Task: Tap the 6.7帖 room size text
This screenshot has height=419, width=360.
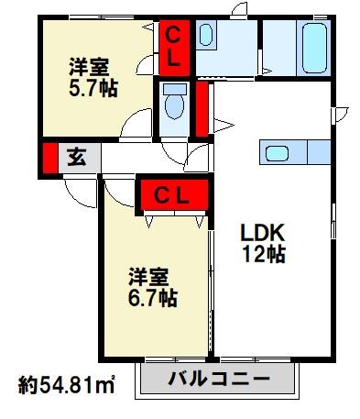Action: pyautogui.click(x=152, y=298)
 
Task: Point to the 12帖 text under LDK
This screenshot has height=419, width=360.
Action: pyautogui.click(x=264, y=256)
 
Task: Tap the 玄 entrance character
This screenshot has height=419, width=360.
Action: pyautogui.click(x=77, y=156)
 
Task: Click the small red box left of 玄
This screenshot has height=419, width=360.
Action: pyautogui.click(x=49, y=157)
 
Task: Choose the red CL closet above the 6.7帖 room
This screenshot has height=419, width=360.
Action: pyautogui.click(x=172, y=194)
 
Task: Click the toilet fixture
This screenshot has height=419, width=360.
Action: pyautogui.click(x=172, y=105)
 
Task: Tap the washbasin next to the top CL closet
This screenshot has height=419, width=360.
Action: pyautogui.click(x=205, y=38)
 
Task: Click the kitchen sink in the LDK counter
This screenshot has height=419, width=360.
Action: pyautogui.click(x=277, y=152)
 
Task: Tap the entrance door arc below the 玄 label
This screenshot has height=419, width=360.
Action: pyautogui.click(x=79, y=186)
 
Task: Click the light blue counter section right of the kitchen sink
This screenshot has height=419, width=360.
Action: pyautogui.click(x=315, y=152)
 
